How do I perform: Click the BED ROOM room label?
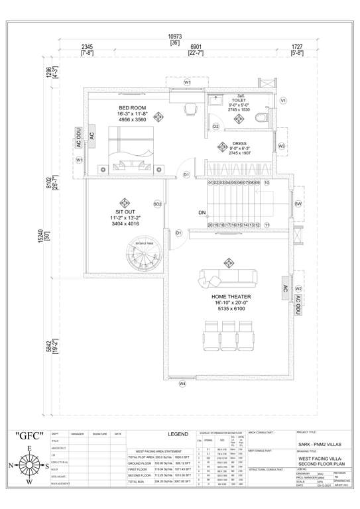[133, 108]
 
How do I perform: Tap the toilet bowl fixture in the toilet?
[261, 118]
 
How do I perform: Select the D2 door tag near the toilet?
[216, 126]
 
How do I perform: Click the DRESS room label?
[239, 143]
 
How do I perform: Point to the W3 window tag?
[282, 146]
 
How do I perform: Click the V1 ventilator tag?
[283, 100]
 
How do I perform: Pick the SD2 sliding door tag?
[158, 203]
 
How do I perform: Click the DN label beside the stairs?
[202, 213]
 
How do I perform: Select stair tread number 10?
[267, 182]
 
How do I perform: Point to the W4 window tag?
[182, 383]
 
